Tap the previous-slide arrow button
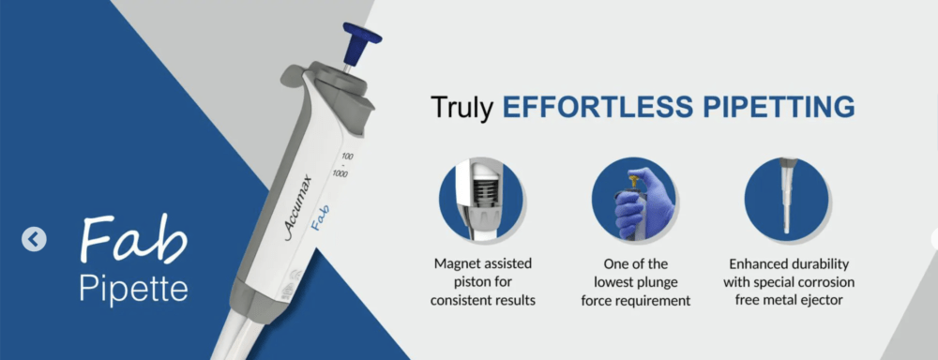tap(34, 240)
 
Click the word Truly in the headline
tap(462, 107)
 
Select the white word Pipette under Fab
tap(133, 287)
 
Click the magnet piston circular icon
tap(481, 199)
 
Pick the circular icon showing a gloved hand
tap(633, 199)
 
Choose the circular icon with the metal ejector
tap(786, 199)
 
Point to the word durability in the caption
tap(823, 263)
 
